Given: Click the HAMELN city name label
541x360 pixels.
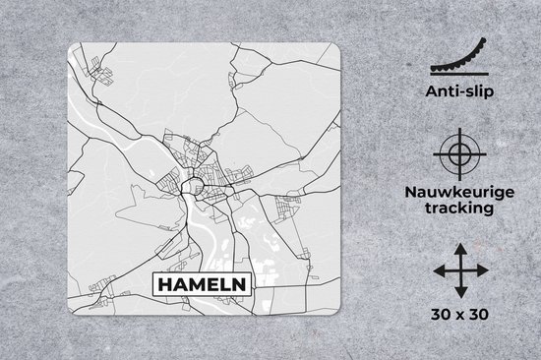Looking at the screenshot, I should pos(202,286).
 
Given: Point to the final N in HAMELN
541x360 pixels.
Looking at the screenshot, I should pos(241,286).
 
